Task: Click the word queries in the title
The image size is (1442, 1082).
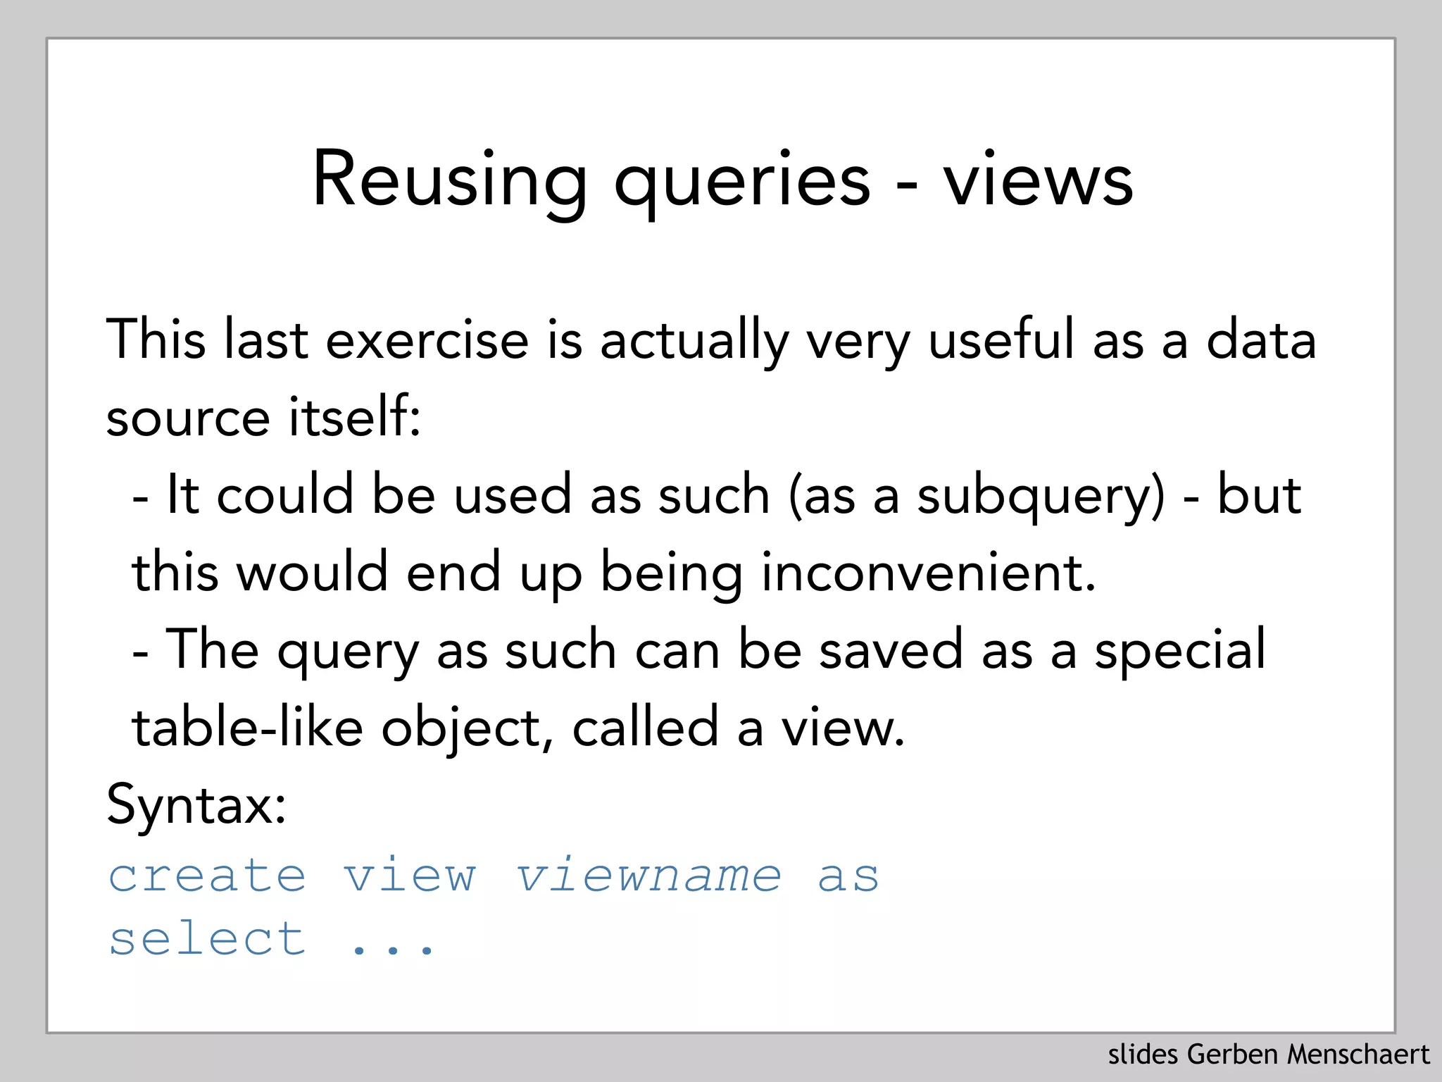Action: point(742,182)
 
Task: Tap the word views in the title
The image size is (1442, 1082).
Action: point(1039,182)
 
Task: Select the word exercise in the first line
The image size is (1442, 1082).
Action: point(427,340)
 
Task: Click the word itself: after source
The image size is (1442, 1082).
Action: point(355,417)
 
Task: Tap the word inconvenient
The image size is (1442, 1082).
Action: point(929,573)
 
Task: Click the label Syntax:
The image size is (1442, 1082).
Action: point(196,805)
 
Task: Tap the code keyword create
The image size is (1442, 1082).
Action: point(208,876)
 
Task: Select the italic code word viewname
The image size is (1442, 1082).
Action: point(648,876)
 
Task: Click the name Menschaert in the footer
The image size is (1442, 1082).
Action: point(1358,1055)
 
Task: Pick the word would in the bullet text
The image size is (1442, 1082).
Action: point(312,573)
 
